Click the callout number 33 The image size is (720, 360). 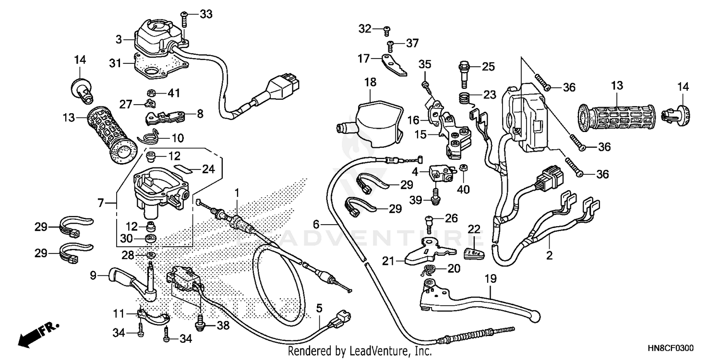pyautogui.click(x=205, y=15)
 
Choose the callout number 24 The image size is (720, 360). pyautogui.click(x=207, y=168)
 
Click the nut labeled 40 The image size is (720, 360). pyautogui.click(x=464, y=168)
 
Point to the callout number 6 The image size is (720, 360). pyautogui.click(x=316, y=224)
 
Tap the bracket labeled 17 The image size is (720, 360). pyautogui.click(x=395, y=65)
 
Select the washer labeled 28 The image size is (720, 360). pyautogui.click(x=150, y=254)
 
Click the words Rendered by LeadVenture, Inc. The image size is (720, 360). pyautogui.click(x=359, y=351)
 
